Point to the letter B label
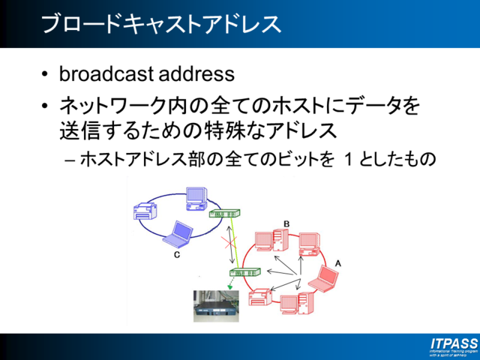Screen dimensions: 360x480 tap(286, 223)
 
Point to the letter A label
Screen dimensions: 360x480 tap(337, 263)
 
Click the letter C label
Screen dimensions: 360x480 tap(177, 255)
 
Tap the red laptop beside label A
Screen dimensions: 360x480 tap(326, 279)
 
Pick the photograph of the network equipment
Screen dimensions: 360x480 tap(216, 306)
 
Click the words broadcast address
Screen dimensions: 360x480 tap(146, 74)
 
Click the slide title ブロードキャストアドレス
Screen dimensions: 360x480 tap(161, 23)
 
